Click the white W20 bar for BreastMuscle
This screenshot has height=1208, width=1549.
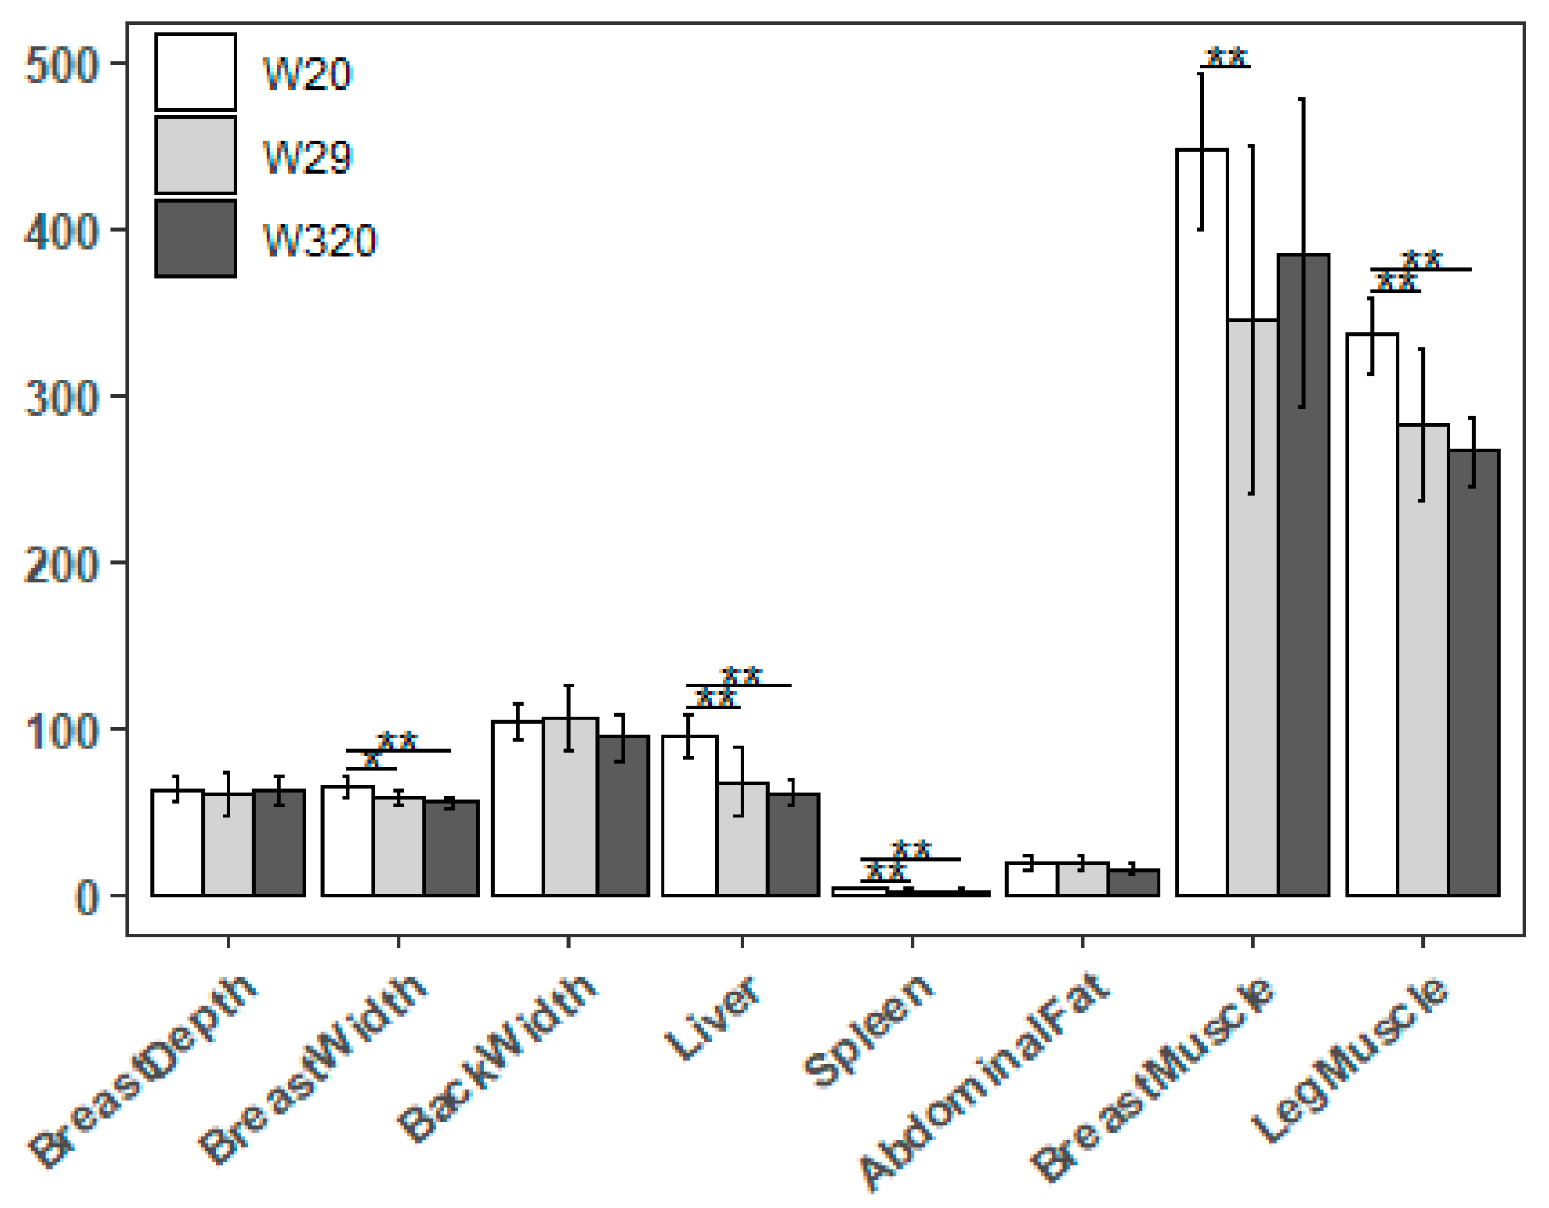click(x=1202, y=523)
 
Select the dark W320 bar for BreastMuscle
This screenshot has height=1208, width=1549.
click(x=1304, y=574)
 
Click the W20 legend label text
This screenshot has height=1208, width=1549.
click(x=307, y=74)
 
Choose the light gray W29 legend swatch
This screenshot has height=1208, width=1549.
click(x=195, y=155)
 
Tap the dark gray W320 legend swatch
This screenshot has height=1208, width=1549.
click(x=195, y=238)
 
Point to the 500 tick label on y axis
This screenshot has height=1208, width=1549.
click(x=61, y=65)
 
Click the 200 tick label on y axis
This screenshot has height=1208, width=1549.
click(x=61, y=565)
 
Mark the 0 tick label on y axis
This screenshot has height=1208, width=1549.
click(x=87, y=898)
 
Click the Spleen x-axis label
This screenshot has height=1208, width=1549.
click(x=868, y=1031)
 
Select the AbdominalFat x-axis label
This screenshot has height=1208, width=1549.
click(x=984, y=1082)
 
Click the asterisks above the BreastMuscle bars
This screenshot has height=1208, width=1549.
click(x=1226, y=56)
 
